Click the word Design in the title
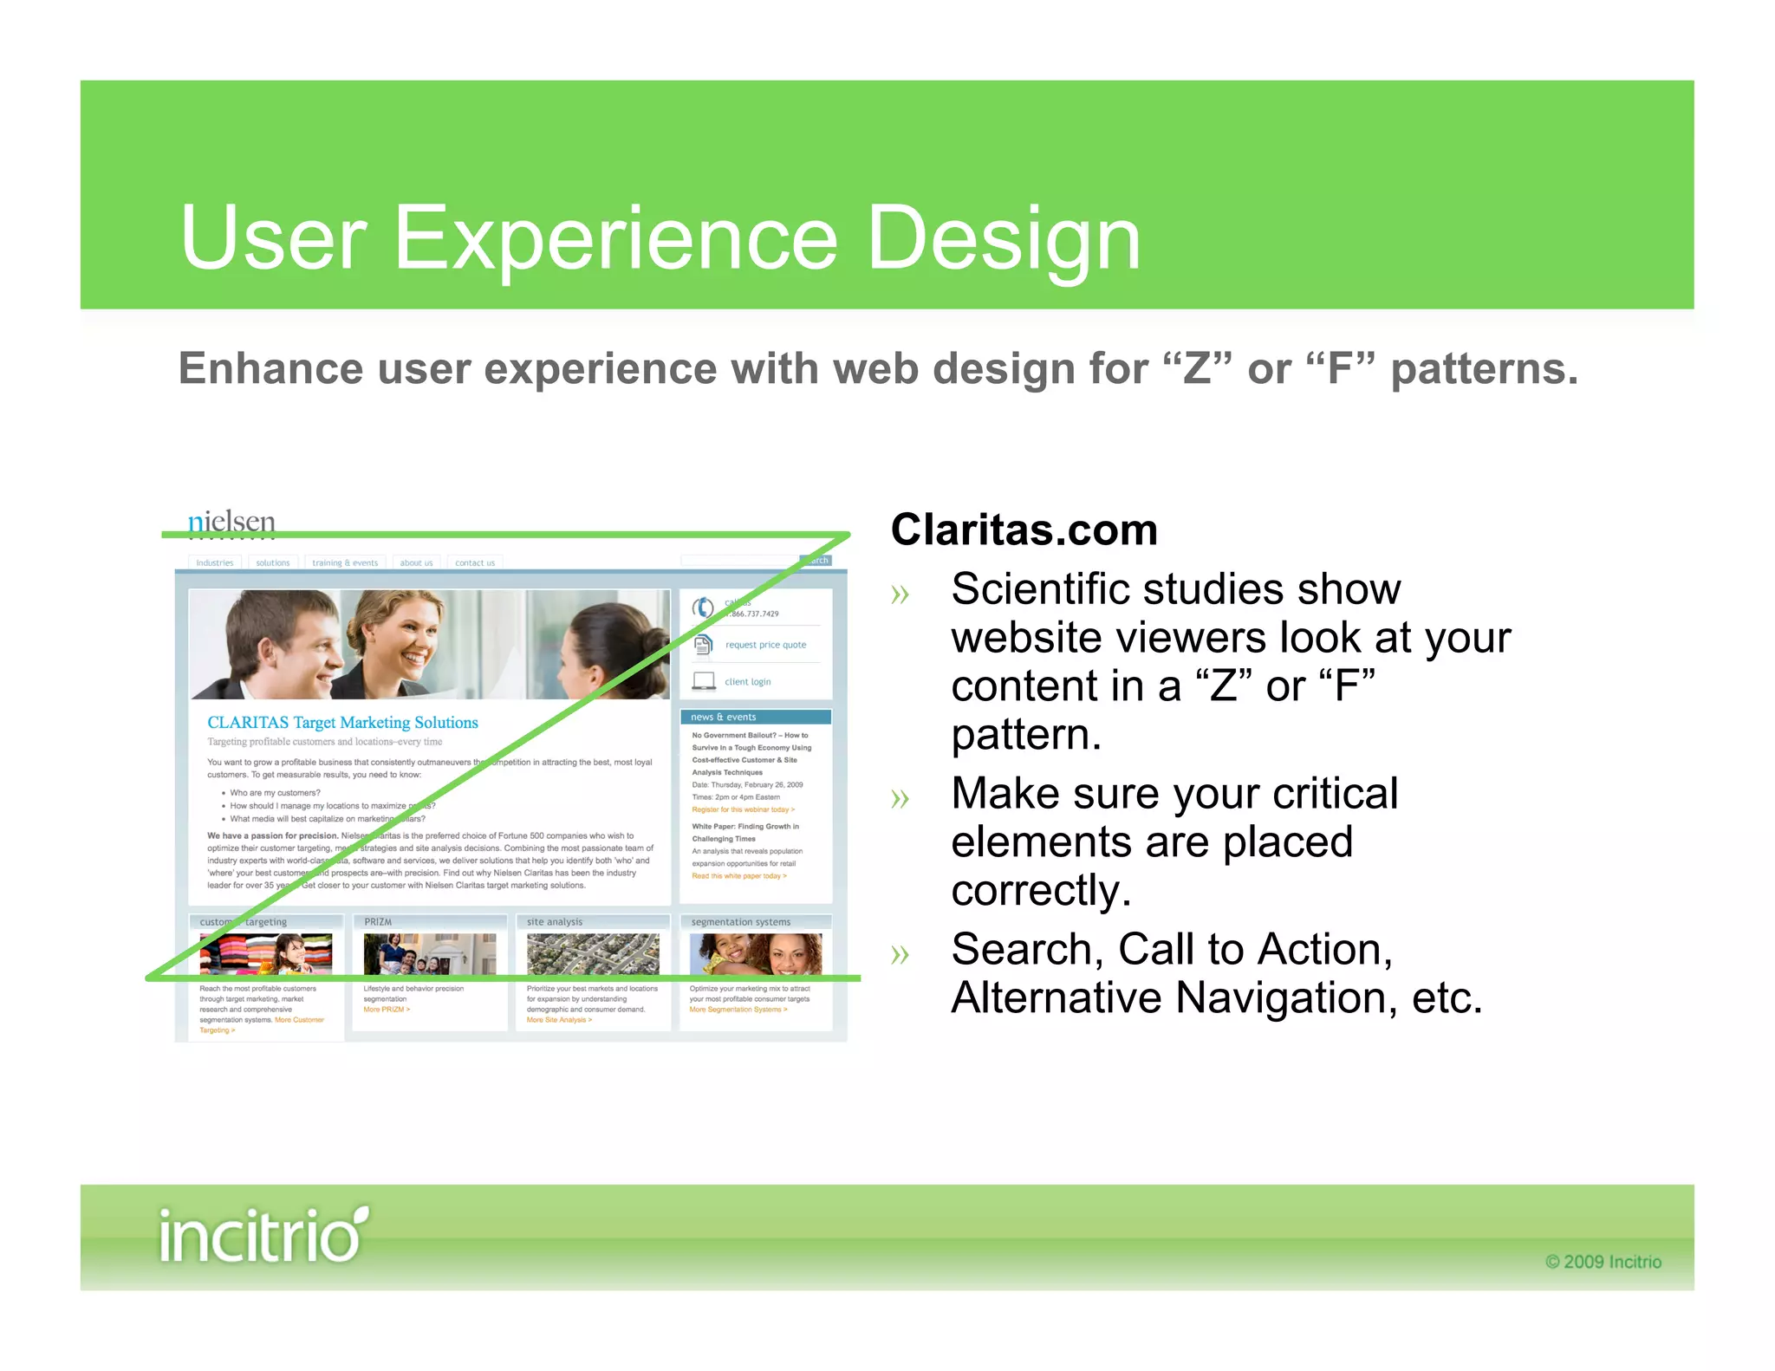pos(1003,238)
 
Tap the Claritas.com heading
pos(1024,530)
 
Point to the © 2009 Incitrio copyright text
pos(1603,1262)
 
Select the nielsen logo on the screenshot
pos(231,522)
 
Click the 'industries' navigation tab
pos(215,562)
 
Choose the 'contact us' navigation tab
pos(475,562)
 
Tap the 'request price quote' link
pos(765,645)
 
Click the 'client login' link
pos(747,682)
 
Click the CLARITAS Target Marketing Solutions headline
pos(342,723)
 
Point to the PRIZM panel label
pos(378,922)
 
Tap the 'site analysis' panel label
pos(555,922)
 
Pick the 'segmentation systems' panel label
pos(741,922)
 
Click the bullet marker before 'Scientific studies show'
pos(901,595)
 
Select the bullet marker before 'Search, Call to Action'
pos(901,955)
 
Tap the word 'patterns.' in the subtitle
pos(1484,369)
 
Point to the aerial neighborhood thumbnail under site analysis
pos(593,954)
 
